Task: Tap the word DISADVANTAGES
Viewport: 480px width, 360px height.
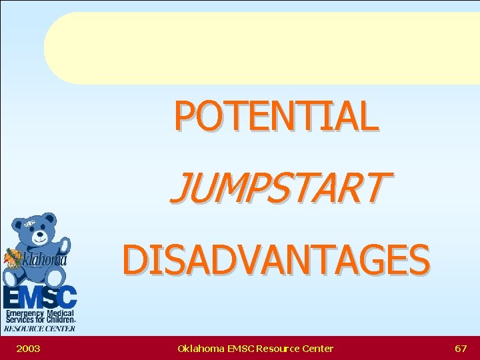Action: (276, 259)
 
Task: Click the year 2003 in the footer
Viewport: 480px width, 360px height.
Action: (28, 348)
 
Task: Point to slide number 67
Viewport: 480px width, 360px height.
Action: (460, 348)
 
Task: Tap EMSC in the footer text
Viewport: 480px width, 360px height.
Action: (239, 348)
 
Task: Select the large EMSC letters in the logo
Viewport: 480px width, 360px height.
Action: (39, 297)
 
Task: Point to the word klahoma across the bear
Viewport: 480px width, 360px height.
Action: (45, 261)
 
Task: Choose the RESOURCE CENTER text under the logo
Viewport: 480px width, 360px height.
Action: (39, 328)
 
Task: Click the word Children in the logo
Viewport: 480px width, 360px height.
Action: (59, 320)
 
